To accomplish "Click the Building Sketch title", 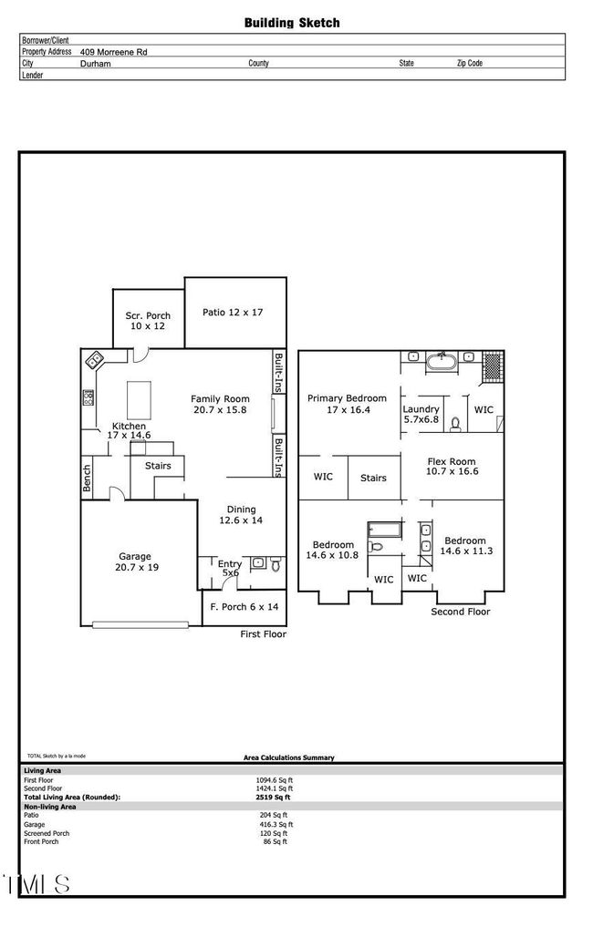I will coord(291,23).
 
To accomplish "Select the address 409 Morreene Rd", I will coord(114,53).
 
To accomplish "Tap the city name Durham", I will coord(96,64).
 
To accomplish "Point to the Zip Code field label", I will coord(470,64).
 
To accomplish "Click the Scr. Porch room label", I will coord(148,321).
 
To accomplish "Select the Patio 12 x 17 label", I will coord(233,313).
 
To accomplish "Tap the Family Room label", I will coord(220,405).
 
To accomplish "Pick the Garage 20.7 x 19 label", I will coord(135,561).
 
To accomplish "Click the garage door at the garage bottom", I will coord(138,624).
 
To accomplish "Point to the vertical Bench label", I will coord(88,479).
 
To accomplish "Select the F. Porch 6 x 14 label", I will coord(244,607).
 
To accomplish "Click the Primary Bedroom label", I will coord(347,404).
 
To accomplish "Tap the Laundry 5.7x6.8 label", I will coord(421,415).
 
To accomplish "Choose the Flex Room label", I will coord(453,467).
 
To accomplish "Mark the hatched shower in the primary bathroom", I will coord(492,365).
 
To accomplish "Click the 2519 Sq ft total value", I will coord(275,798).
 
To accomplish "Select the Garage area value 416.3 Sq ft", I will coord(276,824).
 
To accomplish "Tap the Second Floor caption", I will coord(460,612).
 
